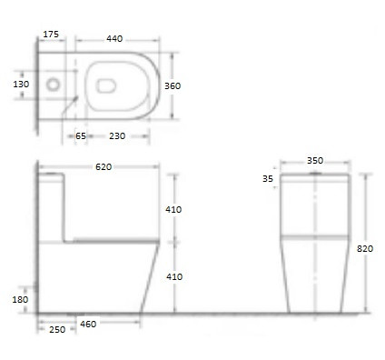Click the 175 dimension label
coord(51,35)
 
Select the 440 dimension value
coord(114,39)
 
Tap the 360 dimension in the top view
coord(173,86)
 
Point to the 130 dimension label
coord(21,84)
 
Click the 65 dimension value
coord(81,136)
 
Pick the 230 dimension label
coord(117,136)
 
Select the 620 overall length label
coord(104,167)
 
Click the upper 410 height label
coord(173,209)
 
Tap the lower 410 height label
coord(174,276)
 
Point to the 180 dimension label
coord(20,300)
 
